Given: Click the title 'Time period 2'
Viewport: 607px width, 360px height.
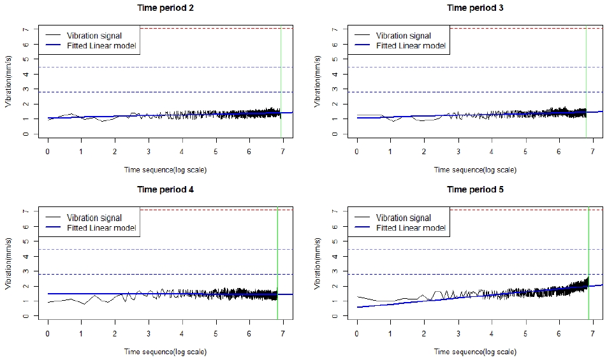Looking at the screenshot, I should point(165,8).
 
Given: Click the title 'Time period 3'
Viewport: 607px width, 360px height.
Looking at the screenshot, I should point(474,8).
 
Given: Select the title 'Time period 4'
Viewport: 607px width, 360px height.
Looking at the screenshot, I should point(165,189).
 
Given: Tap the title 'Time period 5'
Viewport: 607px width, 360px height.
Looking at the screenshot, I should point(474,189).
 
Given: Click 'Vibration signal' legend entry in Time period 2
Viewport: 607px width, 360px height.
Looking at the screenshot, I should point(94,36).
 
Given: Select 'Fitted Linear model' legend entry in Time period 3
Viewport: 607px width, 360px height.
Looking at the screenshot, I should point(411,46).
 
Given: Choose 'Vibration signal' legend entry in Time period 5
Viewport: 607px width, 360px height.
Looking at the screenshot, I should point(403,217).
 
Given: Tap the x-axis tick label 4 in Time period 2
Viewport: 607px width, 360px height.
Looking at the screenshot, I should point(182,152).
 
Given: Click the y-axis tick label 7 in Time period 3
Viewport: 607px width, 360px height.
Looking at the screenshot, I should point(334,29).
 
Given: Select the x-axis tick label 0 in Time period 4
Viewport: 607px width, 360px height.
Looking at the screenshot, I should point(48,333).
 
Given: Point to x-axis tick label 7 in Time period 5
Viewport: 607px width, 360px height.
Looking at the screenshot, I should point(592,333).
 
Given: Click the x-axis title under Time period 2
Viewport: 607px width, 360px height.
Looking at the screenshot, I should point(165,169).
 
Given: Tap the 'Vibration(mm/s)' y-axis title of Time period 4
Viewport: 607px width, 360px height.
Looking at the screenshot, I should point(9,263).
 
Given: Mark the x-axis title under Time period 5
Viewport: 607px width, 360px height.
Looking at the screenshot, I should point(474,352).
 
